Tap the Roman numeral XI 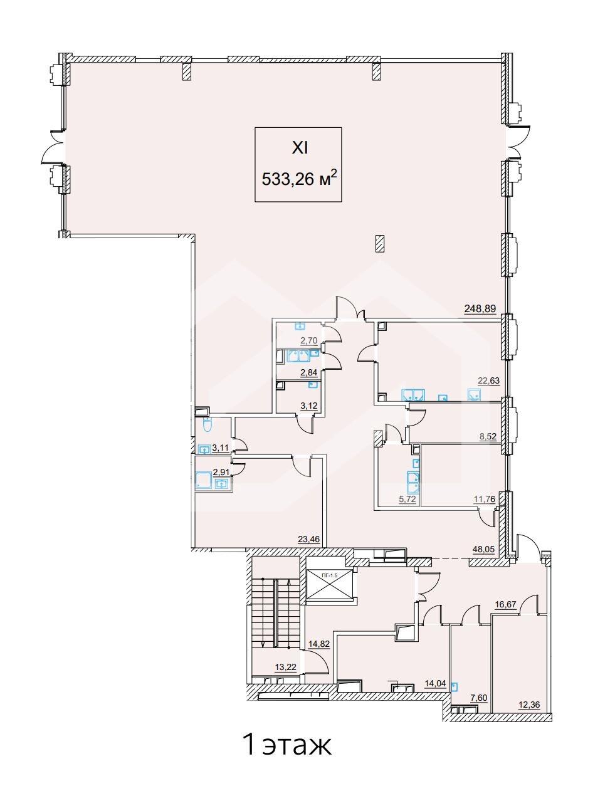[x=300, y=149]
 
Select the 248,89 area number [x=480, y=308]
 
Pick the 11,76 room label [x=485, y=500]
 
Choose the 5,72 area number [x=408, y=500]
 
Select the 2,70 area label [x=309, y=340]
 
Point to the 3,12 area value [x=309, y=406]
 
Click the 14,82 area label [x=318, y=644]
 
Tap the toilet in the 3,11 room [x=207, y=424]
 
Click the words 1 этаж [x=288, y=745]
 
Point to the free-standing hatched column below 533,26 [x=380, y=243]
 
